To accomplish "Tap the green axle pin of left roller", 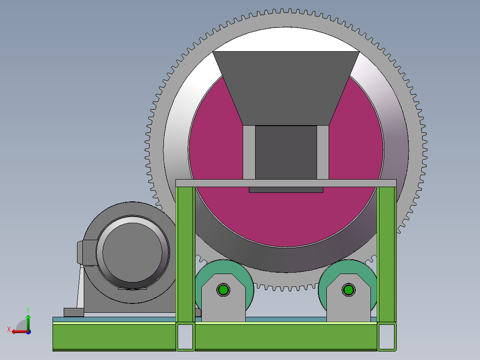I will (x=223, y=290).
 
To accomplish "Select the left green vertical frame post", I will (x=185, y=254).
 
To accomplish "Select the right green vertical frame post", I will (x=386, y=254).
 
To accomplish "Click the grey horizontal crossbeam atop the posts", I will (x=285, y=183).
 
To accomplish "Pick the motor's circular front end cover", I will (x=132, y=252).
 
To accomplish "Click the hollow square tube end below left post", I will (x=185, y=336).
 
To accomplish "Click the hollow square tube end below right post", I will (x=386, y=336).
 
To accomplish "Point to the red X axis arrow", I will (x=17, y=331).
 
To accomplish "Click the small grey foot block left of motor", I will (x=73, y=312).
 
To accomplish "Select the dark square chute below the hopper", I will (x=285, y=151).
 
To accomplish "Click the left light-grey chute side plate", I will (x=249, y=151).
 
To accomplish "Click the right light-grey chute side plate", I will (x=323, y=151).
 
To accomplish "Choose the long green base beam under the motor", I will (x=114, y=336).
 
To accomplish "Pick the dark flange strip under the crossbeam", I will (x=285, y=190).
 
